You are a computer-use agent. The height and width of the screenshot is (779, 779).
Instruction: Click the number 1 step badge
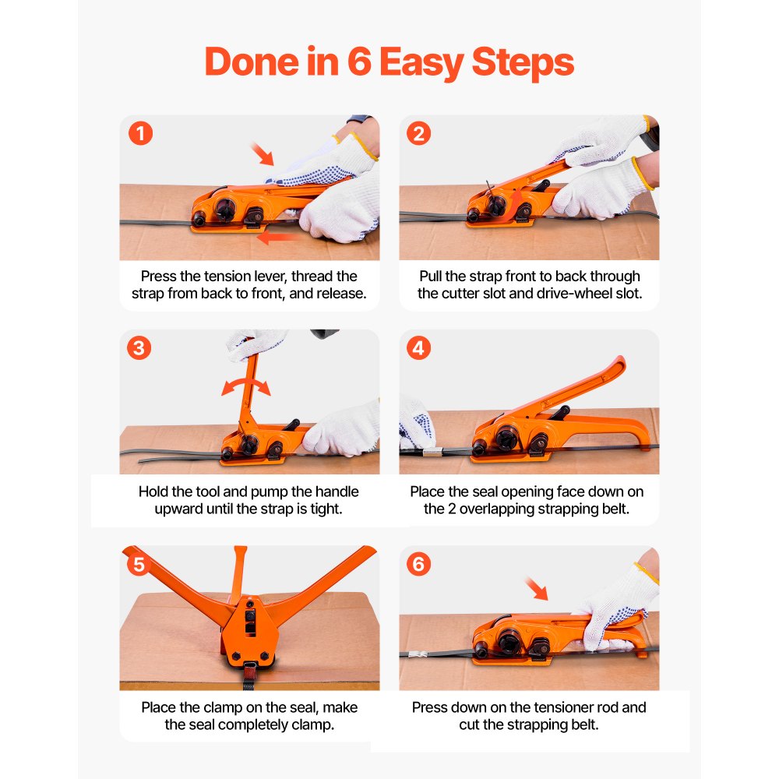coord(140,134)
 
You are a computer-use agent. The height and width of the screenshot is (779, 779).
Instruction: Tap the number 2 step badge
coord(419,134)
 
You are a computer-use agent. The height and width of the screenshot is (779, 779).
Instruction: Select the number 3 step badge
coord(139,348)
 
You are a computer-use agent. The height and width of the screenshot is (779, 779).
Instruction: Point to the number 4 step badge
coord(419,348)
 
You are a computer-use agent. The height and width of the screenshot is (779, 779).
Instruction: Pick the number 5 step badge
coord(139,564)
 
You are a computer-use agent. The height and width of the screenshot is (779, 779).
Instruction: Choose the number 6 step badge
coord(419,564)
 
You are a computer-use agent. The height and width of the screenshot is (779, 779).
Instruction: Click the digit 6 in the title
coord(359,62)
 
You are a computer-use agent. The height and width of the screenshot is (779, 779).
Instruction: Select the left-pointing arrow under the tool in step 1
coord(278,238)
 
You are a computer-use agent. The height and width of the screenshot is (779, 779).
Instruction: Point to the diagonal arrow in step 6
coord(537,589)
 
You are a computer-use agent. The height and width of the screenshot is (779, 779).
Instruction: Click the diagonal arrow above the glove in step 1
coord(262,153)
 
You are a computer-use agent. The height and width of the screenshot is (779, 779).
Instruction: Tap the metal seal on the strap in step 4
coord(432,452)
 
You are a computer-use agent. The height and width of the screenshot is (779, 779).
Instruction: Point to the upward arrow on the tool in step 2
coord(515,203)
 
